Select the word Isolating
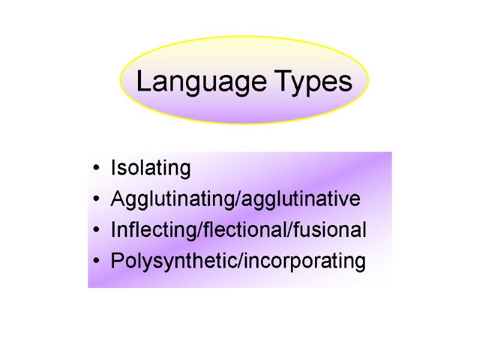151,169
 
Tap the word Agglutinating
173,200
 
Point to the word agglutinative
301,199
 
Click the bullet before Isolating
97,169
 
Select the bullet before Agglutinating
97,200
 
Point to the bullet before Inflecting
97,232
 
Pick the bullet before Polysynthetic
97,263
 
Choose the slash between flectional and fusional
286,230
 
